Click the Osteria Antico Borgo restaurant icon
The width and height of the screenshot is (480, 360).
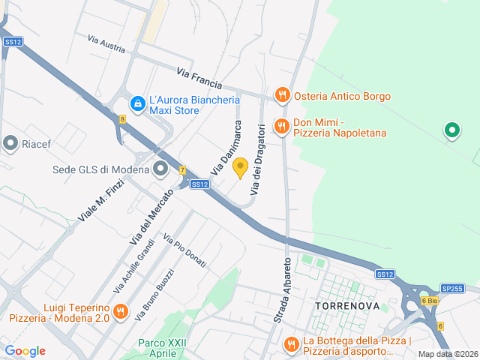coord(282,95)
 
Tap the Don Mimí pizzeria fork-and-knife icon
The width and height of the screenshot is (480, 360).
coord(282,127)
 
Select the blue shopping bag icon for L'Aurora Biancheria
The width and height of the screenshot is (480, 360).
coord(137,104)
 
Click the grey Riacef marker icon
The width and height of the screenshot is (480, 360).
coord(10,142)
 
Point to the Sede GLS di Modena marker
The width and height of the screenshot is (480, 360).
coord(160,169)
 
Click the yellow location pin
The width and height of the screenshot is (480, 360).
coord(240,167)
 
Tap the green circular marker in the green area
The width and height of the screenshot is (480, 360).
coord(451,131)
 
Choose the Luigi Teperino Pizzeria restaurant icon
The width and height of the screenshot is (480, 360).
coord(120,311)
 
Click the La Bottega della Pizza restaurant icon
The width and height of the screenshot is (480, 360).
coord(291,344)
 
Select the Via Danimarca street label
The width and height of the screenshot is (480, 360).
coord(225,151)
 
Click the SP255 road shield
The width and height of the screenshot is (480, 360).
coord(452,288)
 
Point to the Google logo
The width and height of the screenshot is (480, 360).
coord(25,351)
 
